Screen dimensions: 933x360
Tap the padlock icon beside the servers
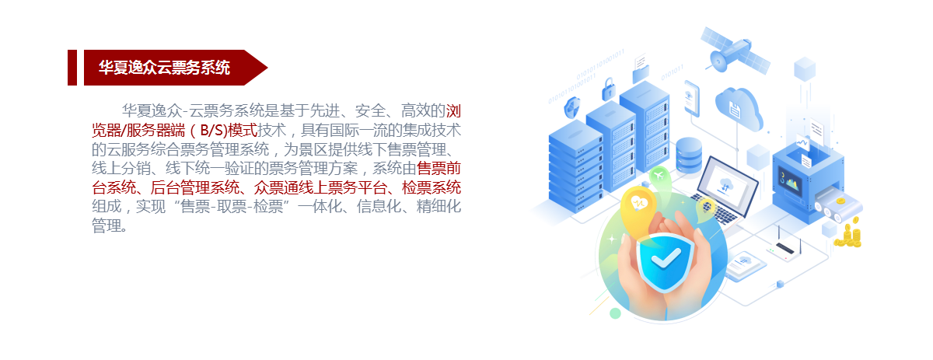pos(609,89)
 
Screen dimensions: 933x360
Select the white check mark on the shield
pos(666,258)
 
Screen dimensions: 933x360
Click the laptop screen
pos(727,183)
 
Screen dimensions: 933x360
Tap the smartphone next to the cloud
pos(692,99)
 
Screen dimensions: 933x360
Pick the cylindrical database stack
pos(689,156)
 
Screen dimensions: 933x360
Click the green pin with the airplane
pos(659,177)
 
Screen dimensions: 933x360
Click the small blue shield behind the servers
pos(572,108)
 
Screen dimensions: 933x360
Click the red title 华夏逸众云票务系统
pos(164,68)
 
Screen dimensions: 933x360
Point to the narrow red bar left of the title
pos(72,68)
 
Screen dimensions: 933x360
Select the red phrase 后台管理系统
pos(194,187)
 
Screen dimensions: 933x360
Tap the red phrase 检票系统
pos(431,187)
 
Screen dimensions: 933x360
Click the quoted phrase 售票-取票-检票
pos(232,207)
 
